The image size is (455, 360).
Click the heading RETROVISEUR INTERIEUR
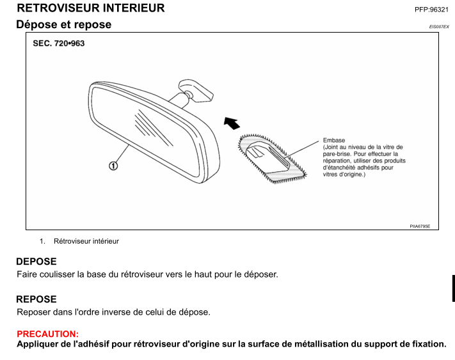click(x=91, y=8)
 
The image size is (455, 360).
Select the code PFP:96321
click(x=431, y=10)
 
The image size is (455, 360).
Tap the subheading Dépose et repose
click(x=64, y=24)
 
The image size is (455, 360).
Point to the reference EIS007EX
click(x=439, y=27)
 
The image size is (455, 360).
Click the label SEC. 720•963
click(x=59, y=43)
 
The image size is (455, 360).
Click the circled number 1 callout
click(x=113, y=166)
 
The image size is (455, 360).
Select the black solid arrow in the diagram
click(x=232, y=123)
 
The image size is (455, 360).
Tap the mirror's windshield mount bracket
click(x=196, y=91)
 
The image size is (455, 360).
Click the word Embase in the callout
click(x=333, y=140)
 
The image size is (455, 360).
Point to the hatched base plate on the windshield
click(x=271, y=159)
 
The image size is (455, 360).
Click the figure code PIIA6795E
click(x=420, y=226)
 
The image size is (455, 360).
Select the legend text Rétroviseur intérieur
click(x=86, y=241)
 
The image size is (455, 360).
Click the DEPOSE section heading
click(x=36, y=262)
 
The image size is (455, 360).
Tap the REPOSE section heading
click(x=36, y=299)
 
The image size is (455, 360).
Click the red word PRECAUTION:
click(x=47, y=334)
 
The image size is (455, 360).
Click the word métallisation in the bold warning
click(x=317, y=344)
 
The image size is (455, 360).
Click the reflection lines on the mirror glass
click(x=153, y=127)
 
